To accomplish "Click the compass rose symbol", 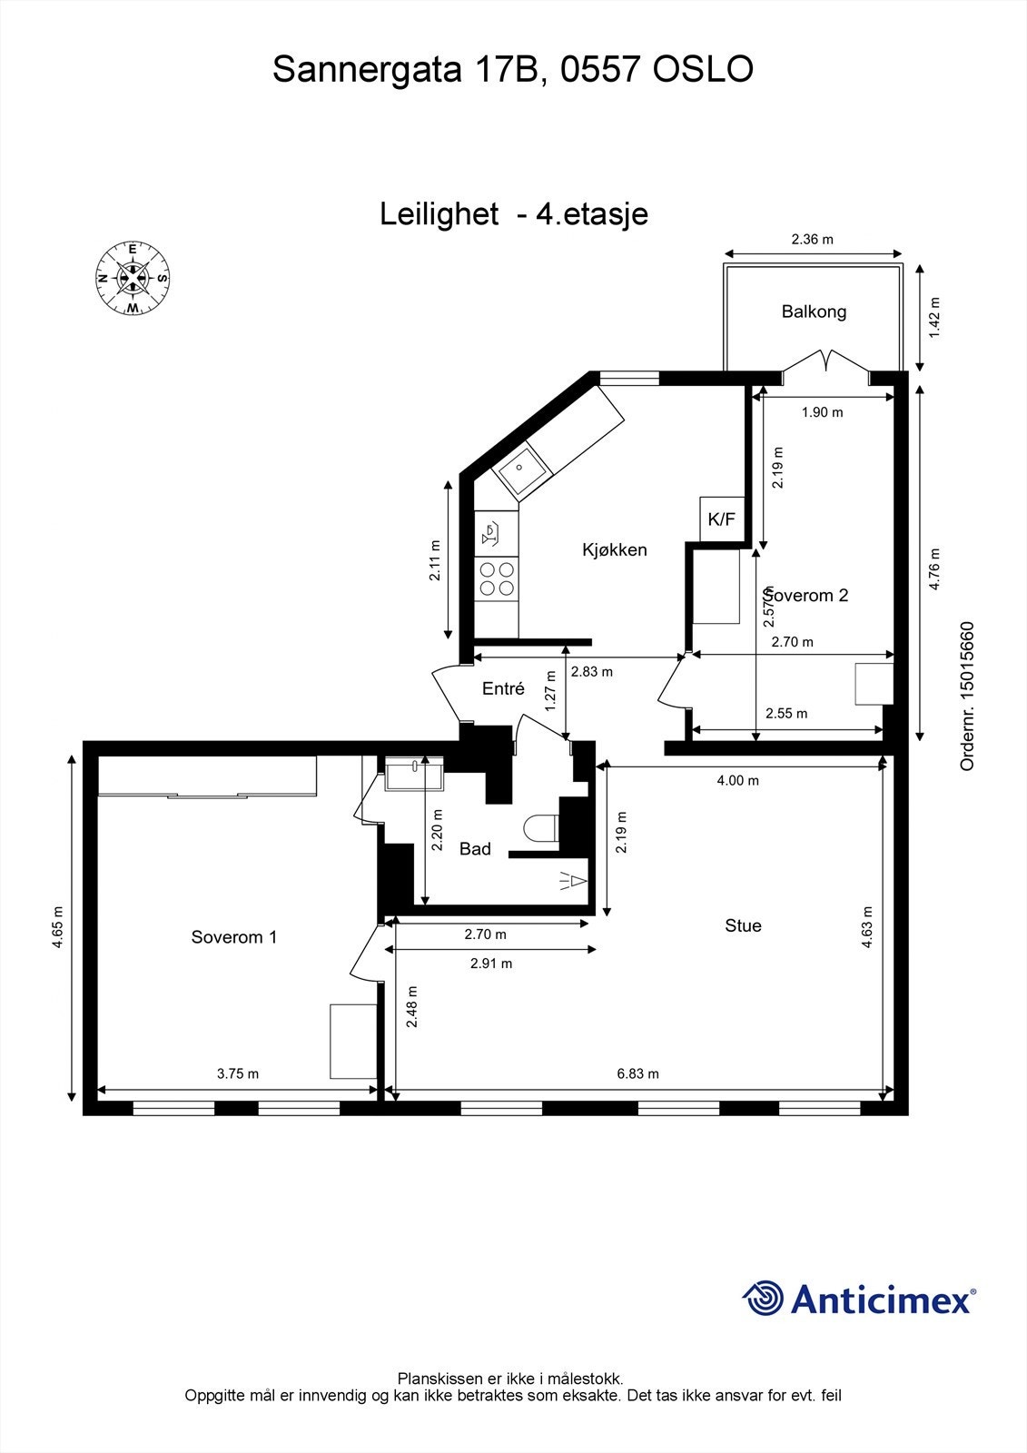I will click(133, 279).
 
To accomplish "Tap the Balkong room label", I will click(814, 311).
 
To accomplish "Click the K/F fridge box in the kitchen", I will click(722, 519).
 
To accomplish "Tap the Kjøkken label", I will click(615, 549).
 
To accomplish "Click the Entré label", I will click(503, 688).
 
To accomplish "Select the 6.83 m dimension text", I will click(637, 1073).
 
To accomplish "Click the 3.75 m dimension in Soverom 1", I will click(238, 1073).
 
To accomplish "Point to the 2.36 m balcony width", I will click(812, 240).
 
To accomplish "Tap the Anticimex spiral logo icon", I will click(763, 1299).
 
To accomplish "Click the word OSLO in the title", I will click(704, 69).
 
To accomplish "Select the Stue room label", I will click(743, 925).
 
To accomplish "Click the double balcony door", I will click(825, 362).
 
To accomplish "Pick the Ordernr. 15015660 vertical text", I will click(967, 696).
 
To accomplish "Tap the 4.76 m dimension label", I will click(936, 568).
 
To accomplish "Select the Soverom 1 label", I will click(233, 936).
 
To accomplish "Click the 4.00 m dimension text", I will click(737, 780).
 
